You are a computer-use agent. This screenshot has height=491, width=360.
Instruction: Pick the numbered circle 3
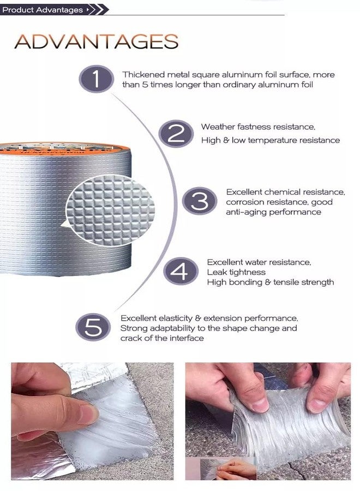[x=199, y=202]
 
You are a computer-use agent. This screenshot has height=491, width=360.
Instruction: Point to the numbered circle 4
[x=180, y=271]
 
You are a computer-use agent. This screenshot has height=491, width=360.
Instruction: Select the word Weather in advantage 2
[x=219, y=127]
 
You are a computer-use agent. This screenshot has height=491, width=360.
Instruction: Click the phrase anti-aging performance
[x=273, y=212]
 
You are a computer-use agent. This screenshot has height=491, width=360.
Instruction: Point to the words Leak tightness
[x=236, y=272]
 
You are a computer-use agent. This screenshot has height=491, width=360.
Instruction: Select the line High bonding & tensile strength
[x=270, y=282]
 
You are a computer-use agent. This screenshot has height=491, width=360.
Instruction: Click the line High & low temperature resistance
[x=270, y=140]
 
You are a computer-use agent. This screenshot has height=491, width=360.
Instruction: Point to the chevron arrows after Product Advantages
[x=95, y=9]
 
